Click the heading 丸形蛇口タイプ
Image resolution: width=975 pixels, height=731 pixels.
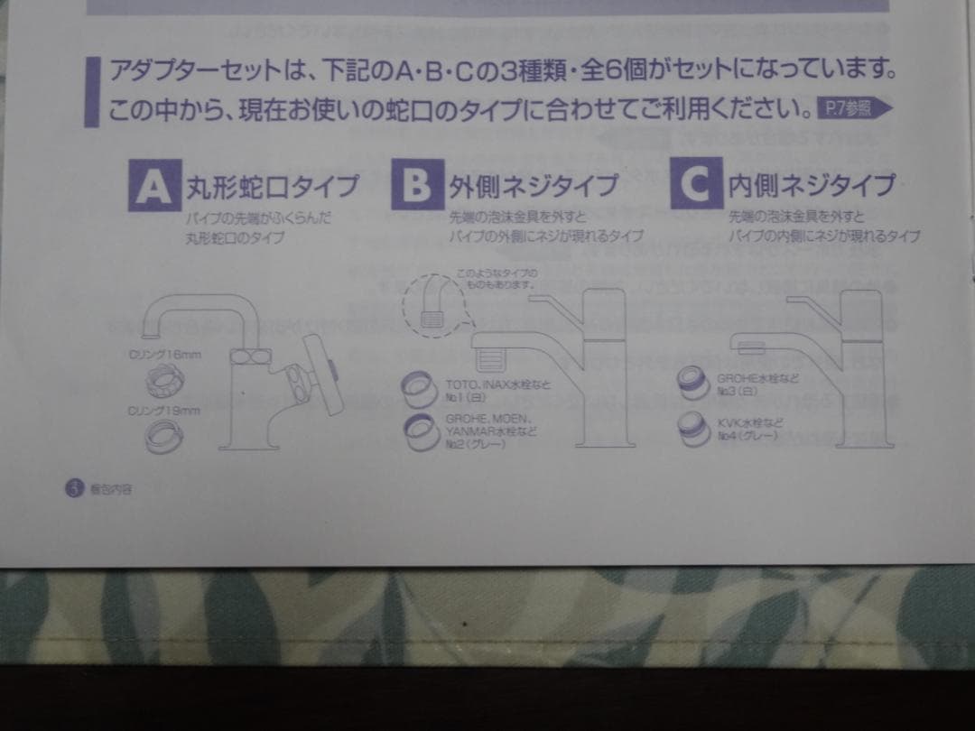click(x=272, y=187)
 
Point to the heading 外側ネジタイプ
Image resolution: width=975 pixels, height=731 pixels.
click(x=534, y=187)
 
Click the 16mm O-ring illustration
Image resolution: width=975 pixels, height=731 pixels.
click(x=168, y=380)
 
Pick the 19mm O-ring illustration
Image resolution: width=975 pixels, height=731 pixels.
click(x=169, y=440)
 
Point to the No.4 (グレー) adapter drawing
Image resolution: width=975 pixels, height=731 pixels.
click(x=697, y=430)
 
